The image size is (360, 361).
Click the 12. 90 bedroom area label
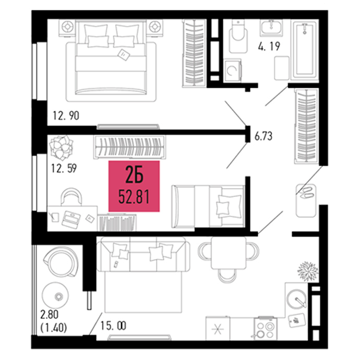(x=66, y=115)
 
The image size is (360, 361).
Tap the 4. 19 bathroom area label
(x=269, y=46)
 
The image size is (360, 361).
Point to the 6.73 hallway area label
(x=263, y=136)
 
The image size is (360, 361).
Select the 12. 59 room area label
(x=64, y=169)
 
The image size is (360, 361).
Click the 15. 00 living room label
(x=113, y=326)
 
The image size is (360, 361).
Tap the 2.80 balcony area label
(x=50, y=315)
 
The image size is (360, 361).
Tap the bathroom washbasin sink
(x=271, y=28)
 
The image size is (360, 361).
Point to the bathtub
(x=305, y=50)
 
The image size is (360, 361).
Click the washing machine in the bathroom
(x=233, y=71)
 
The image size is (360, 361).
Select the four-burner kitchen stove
(x=266, y=329)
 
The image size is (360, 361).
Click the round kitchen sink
(x=296, y=299)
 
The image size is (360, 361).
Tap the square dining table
(x=229, y=253)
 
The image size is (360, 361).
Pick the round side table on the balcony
(x=55, y=295)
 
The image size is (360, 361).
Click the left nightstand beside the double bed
(x=67, y=28)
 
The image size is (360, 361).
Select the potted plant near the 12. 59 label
(x=61, y=147)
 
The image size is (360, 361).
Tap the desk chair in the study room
(x=71, y=196)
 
